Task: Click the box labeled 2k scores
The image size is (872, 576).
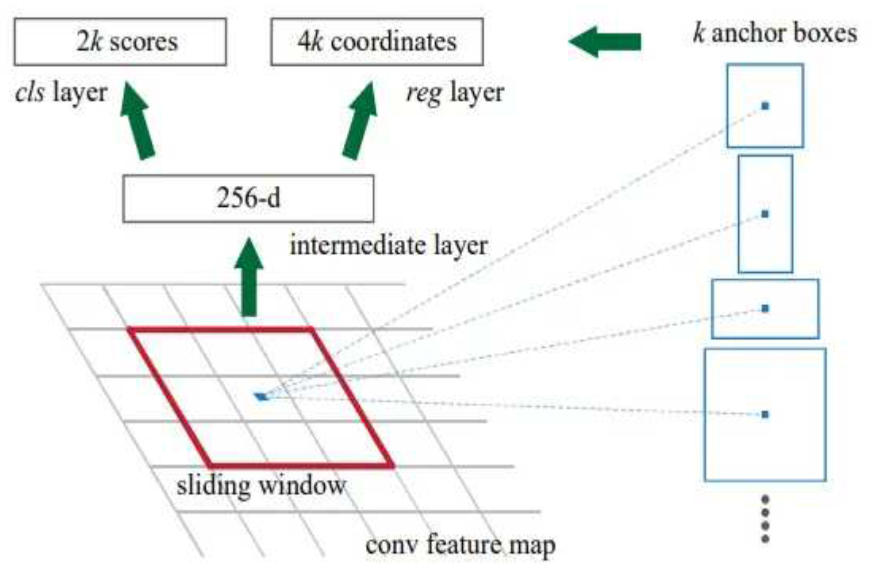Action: [x=120, y=42]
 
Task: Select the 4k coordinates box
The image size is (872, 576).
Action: [x=377, y=42]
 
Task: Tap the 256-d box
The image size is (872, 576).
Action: [x=248, y=198]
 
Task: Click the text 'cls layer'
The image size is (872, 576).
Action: [x=61, y=93]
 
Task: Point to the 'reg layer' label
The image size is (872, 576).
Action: [x=455, y=93]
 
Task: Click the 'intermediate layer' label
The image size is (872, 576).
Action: [x=388, y=246]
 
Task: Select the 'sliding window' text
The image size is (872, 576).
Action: [x=261, y=485]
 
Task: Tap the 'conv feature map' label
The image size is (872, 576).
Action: [x=460, y=545]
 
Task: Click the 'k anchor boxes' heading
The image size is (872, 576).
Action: [x=774, y=34]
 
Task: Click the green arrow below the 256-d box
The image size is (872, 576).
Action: [x=249, y=278]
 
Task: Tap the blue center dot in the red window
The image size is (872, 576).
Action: [x=261, y=397]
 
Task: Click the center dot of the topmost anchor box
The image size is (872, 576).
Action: [x=765, y=106]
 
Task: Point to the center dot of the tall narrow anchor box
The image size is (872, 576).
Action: [x=765, y=214]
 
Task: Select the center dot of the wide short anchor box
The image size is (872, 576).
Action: [x=765, y=308]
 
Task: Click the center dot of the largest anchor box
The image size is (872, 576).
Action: [x=765, y=414]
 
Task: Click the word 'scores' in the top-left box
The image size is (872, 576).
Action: [x=144, y=42]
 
